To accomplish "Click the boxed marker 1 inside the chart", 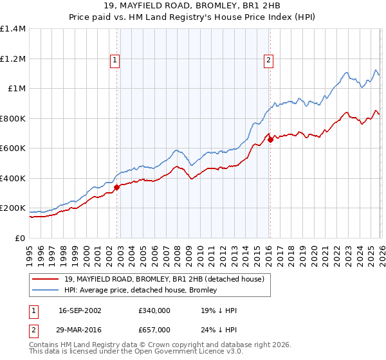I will click(115, 60).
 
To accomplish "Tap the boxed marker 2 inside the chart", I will click(268, 60).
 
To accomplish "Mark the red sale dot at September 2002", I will click(116, 187).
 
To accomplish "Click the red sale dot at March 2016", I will click(270, 139).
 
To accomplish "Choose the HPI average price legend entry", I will click(140, 290).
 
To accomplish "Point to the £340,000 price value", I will click(154, 310).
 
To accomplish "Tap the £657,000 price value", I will click(154, 330).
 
